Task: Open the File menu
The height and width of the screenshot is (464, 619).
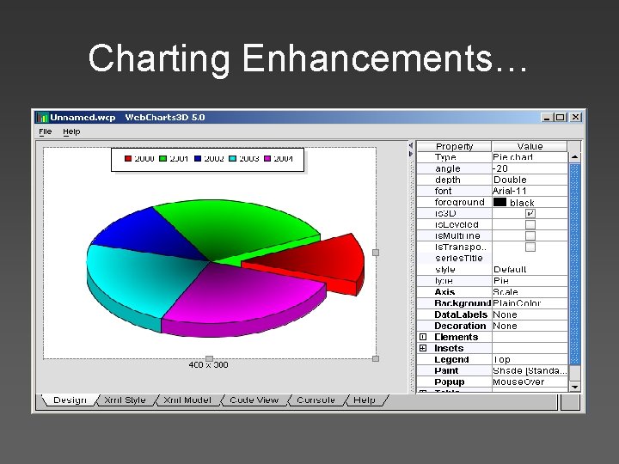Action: coord(46,131)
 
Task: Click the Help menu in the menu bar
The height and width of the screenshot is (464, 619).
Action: coord(71,131)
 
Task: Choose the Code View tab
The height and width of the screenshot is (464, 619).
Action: coord(254,400)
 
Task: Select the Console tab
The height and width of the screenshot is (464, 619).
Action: coord(316,400)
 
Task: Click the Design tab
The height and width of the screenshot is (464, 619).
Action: coord(69,400)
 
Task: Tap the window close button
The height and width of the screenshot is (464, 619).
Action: coord(575,117)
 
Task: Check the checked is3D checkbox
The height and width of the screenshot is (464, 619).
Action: coord(530,213)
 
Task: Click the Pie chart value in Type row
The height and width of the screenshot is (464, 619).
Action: coord(513,157)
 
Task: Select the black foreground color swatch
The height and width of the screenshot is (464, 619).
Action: coord(499,203)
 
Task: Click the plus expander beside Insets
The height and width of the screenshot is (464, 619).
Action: coord(423,348)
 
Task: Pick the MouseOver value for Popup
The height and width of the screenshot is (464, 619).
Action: coord(518,382)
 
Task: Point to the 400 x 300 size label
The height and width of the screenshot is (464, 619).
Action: coord(209,365)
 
